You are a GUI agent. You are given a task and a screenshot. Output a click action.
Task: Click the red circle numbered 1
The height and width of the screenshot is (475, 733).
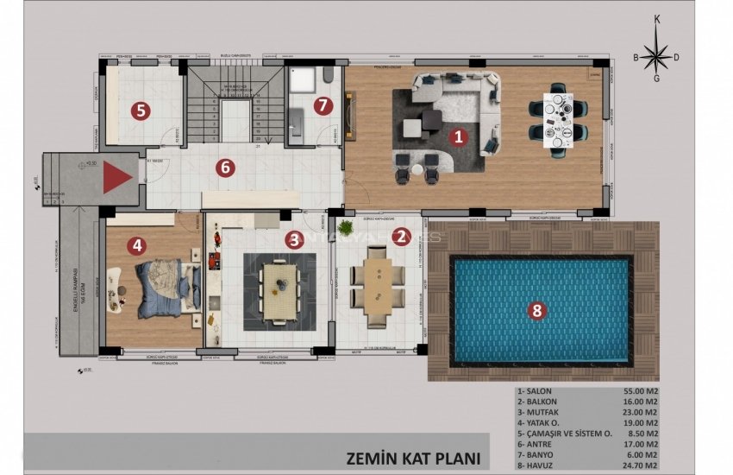pos(459,136)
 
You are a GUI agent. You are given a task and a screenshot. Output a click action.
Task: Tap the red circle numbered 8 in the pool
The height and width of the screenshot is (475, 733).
pos(536,312)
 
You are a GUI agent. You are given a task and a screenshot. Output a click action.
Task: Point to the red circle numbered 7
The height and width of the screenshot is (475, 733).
pos(323,106)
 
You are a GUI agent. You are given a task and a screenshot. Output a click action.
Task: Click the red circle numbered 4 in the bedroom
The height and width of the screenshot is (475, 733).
pos(136,245)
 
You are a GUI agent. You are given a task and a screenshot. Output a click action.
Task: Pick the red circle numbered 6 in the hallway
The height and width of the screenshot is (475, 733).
pos(225,168)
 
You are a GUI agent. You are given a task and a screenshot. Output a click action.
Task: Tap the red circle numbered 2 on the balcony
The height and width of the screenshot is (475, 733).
pos(400,237)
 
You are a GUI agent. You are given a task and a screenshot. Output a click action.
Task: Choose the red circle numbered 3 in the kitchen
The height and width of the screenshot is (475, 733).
pos(294,239)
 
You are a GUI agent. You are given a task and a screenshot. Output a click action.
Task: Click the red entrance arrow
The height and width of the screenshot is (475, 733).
pos(117,179)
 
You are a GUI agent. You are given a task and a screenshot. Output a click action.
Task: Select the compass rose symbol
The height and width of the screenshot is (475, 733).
pos(656,58)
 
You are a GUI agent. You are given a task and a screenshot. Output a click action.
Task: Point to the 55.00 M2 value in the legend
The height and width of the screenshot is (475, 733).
pos(641,390)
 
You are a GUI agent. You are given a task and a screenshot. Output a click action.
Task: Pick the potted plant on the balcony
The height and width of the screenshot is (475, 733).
pos(346,230)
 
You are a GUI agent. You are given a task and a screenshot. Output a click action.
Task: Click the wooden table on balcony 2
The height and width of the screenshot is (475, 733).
pos(378,285)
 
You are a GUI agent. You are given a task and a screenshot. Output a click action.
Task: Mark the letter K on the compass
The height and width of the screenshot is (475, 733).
pos(657,19)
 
